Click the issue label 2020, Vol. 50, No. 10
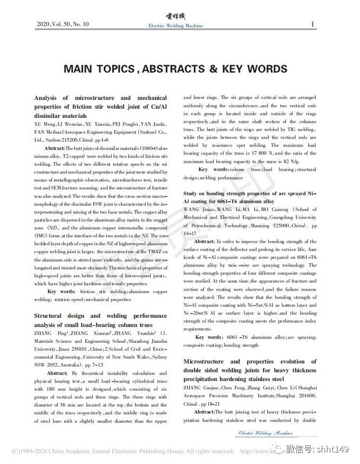[63, 24]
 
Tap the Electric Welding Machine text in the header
[175, 26]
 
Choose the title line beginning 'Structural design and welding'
[100, 315]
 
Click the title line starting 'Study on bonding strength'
[249, 194]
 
